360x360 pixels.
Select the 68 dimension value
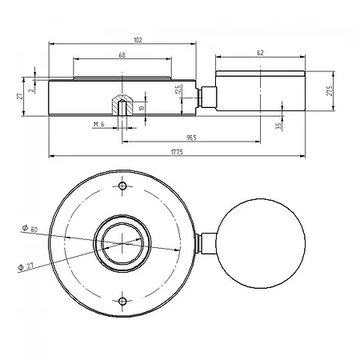coord(121,55)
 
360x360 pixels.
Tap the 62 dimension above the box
coord(260,52)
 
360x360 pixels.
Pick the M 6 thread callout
coord(99,126)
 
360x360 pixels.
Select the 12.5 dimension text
coord(179,91)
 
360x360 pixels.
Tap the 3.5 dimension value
coord(278,126)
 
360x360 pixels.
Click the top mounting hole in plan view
coord(122,186)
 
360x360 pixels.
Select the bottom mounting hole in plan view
coord(122,301)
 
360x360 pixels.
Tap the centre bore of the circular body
coord(122,243)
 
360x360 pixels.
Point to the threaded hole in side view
coord(121,105)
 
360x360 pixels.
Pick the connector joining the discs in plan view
coord(206,243)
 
